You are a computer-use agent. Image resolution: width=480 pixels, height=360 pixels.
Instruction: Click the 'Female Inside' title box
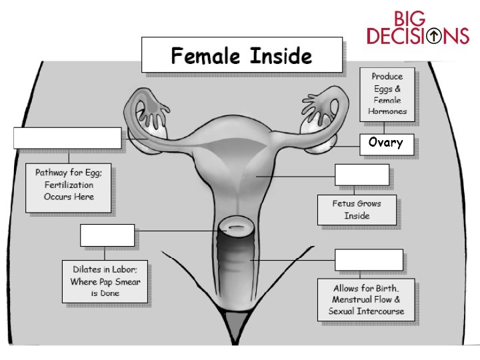tap(241, 55)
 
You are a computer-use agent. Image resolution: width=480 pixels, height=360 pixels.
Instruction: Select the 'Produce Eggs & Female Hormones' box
tap(387, 93)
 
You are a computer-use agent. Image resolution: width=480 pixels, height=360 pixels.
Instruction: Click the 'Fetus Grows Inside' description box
tap(357, 209)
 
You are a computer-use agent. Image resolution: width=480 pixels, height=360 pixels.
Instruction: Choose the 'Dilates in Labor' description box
tap(105, 281)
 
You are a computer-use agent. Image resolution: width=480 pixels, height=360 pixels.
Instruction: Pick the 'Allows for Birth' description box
tap(366, 300)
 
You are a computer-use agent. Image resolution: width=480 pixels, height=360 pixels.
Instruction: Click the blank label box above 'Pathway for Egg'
tap(67, 138)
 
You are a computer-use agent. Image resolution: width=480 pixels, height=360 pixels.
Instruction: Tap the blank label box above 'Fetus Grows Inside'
tap(361, 175)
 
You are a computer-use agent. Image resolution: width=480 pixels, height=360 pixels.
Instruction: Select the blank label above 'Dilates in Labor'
tap(107, 235)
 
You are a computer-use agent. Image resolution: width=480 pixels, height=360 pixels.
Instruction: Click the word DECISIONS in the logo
tap(418, 36)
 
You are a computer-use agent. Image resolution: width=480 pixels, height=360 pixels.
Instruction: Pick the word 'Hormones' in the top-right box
tap(387, 111)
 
